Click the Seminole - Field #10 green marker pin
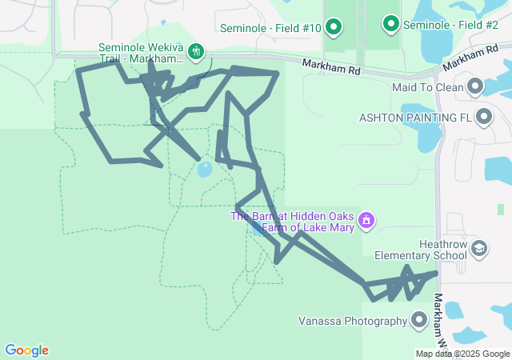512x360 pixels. point(334,28)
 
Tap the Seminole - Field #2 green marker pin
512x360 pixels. point(391,24)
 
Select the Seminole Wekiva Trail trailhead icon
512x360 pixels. point(196,53)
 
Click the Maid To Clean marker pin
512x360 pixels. point(476,86)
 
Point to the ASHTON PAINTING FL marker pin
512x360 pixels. point(483,118)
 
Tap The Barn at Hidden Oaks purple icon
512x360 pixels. point(366,219)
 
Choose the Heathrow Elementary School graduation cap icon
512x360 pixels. point(478,250)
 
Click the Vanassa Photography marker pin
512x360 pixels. point(418,321)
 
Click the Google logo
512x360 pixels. point(26,350)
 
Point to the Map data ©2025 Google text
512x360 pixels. point(462,354)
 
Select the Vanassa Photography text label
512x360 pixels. point(353,322)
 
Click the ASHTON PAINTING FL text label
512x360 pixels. point(414,118)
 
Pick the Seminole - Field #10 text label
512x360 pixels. point(272,28)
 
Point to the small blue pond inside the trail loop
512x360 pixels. point(204,170)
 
